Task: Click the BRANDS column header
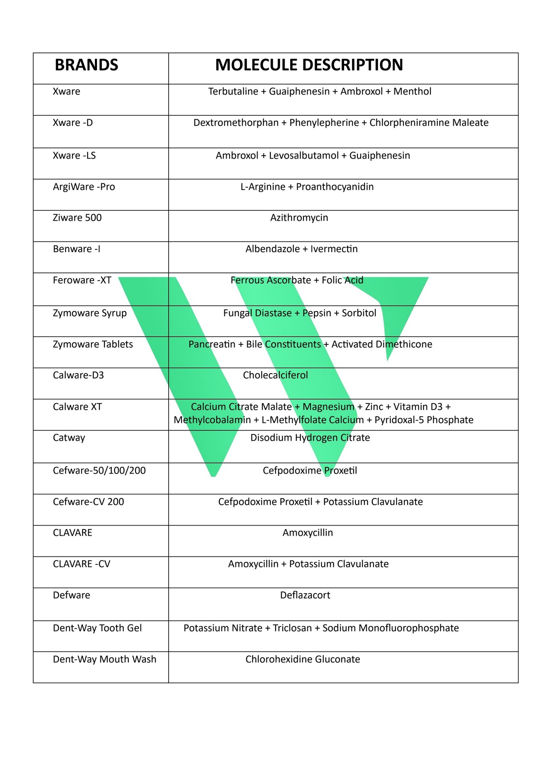coord(86,65)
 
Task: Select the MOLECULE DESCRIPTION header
coord(308,65)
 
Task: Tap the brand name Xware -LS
coord(74,156)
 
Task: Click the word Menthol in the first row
coord(412,91)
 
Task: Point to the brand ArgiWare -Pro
coord(84,187)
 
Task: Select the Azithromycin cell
coord(299,218)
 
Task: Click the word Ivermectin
coord(334,249)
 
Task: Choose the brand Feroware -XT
coord(82,280)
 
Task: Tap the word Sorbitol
coord(359,313)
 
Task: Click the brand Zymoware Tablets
coord(93,344)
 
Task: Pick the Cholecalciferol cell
coord(275,375)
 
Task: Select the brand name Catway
coord(69,438)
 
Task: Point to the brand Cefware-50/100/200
coord(99,470)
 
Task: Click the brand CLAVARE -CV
coord(81,564)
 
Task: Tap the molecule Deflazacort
coord(305,595)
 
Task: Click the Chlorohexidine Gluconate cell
coord(302,659)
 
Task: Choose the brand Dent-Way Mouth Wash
coord(105,659)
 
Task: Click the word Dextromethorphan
coord(236,123)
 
